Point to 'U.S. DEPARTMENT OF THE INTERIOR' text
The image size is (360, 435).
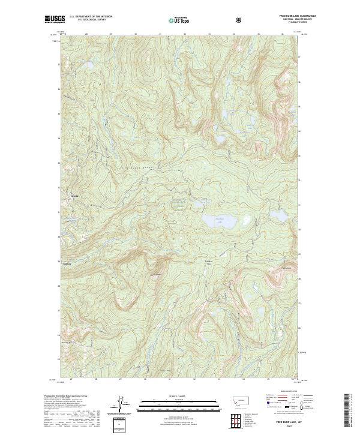pos(91,17)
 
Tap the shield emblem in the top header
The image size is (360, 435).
pos(240,20)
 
